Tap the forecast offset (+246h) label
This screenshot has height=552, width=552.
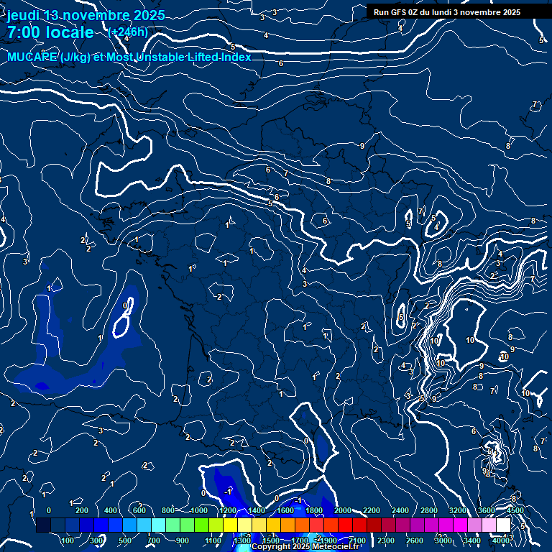(x=127, y=32)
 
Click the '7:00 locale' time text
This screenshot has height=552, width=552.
(x=50, y=32)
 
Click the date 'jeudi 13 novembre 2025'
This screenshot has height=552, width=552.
(x=86, y=15)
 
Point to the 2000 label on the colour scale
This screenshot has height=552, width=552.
(x=342, y=510)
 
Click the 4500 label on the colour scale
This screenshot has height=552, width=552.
(x=515, y=510)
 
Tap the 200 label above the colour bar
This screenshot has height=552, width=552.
(x=82, y=510)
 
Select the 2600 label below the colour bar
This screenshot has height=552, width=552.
(x=415, y=540)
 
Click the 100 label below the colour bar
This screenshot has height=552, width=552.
(x=68, y=540)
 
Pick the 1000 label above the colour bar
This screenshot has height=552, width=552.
(x=198, y=510)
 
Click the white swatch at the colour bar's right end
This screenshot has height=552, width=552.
(x=503, y=525)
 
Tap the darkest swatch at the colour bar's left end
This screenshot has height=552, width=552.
(x=43, y=525)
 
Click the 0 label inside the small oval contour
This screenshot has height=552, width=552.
(x=126, y=305)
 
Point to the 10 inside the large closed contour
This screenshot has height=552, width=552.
(x=469, y=340)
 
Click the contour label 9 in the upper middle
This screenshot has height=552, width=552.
(x=362, y=146)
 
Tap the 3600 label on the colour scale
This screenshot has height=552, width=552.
(x=487, y=510)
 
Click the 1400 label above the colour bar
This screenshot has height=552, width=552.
(x=256, y=510)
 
